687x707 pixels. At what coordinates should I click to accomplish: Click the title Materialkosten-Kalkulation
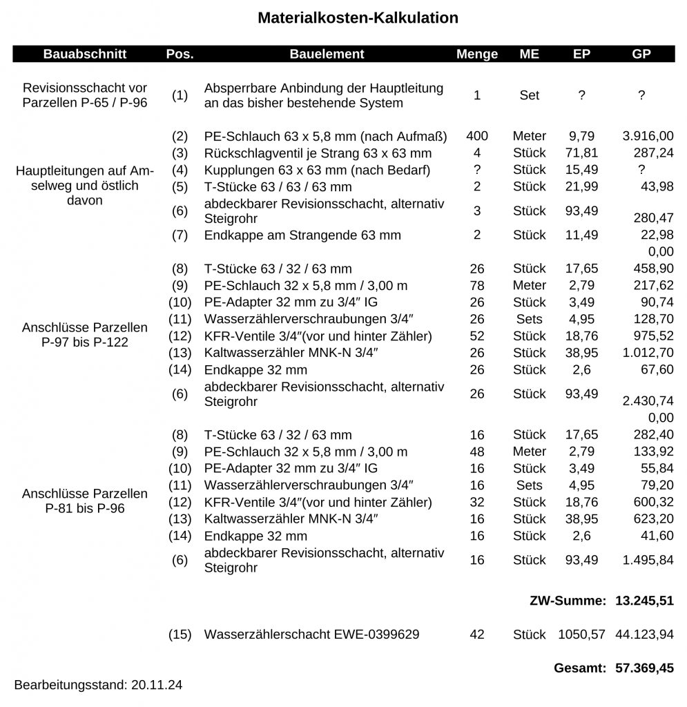click(358, 18)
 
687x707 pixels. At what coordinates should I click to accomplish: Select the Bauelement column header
click(327, 54)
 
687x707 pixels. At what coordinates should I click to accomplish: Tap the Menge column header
click(477, 54)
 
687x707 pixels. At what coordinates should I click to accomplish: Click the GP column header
click(641, 54)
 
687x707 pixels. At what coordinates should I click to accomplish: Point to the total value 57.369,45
click(644, 668)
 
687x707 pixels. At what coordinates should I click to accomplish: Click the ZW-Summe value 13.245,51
click(644, 601)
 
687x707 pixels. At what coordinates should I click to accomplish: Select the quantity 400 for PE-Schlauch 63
click(477, 136)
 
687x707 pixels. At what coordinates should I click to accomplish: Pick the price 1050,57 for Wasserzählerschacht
click(581, 634)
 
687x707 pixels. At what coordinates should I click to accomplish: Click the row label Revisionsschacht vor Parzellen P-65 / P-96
click(85, 96)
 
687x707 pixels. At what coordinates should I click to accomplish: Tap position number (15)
click(180, 634)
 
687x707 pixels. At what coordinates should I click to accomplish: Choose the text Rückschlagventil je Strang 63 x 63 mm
click(318, 153)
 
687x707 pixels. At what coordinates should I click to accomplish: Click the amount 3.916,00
click(648, 136)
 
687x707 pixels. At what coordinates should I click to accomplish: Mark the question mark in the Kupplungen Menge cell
click(477, 170)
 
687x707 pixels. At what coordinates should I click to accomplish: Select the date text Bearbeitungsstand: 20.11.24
click(98, 685)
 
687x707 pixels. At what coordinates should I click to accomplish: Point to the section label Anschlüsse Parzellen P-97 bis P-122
click(85, 334)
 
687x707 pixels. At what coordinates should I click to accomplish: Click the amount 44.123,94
click(644, 634)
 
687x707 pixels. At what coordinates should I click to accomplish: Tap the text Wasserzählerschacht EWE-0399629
click(311, 634)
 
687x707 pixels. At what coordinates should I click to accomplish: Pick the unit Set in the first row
click(529, 95)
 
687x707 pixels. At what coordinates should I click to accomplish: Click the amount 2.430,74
click(648, 401)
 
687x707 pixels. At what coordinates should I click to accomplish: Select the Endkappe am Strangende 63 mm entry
click(302, 235)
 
